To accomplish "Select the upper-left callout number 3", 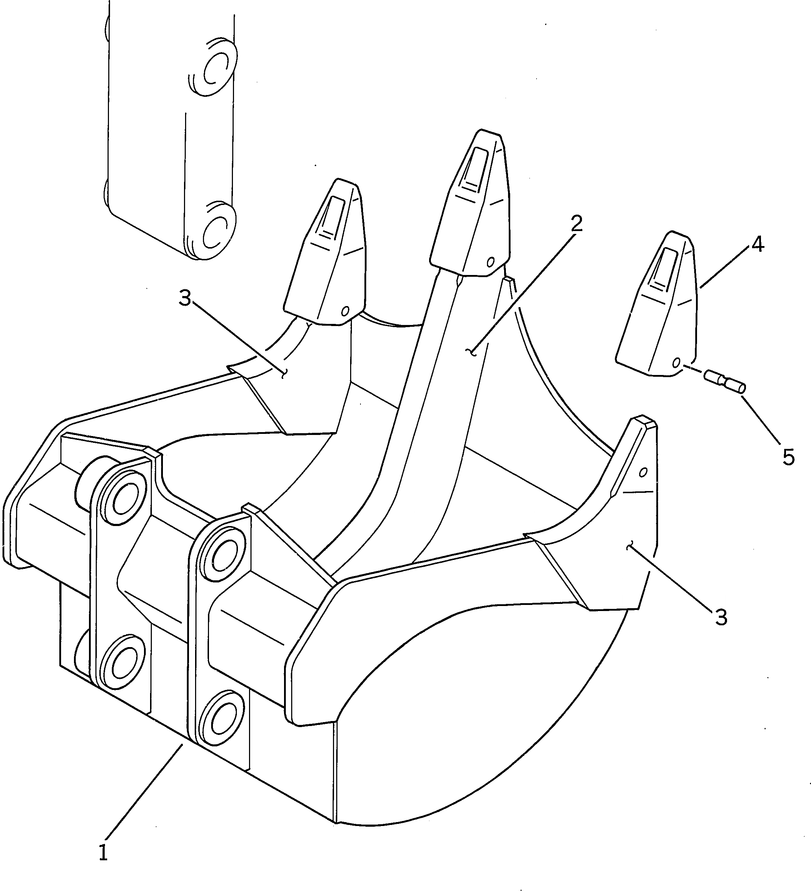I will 185,298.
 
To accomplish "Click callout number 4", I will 757,244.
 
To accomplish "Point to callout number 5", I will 788,457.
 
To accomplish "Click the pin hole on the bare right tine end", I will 643,472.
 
